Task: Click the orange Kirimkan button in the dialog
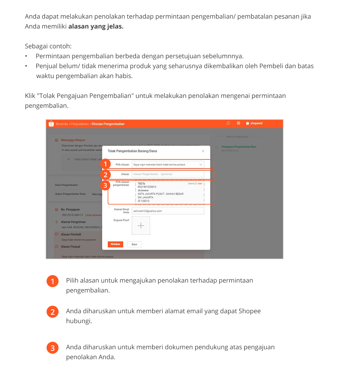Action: pos(115,244)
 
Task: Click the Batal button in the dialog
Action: pos(134,244)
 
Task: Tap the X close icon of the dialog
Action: pos(203,151)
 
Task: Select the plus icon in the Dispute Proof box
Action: pos(141,226)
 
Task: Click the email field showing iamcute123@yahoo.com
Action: pos(168,211)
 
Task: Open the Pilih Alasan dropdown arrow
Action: pos(201,165)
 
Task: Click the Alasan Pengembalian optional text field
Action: pos(168,174)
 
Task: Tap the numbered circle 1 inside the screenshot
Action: pos(105,164)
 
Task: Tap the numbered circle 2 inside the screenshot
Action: pos(105,175)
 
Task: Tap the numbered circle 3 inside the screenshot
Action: pos(105,185)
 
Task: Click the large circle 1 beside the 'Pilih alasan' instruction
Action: pos(52,281)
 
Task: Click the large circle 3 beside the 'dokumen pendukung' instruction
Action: pos(52,348)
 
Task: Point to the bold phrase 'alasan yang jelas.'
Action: pos(96,26)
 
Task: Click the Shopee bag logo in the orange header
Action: pos(51,124)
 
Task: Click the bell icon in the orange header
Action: pos(228,123)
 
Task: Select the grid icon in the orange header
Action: pos(238,123)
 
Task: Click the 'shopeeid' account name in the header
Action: pos(256,123)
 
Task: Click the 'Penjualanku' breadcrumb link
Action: pos(80,124)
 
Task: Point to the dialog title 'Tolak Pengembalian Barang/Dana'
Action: pos(132,151)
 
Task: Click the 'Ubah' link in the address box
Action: pos(199,183)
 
